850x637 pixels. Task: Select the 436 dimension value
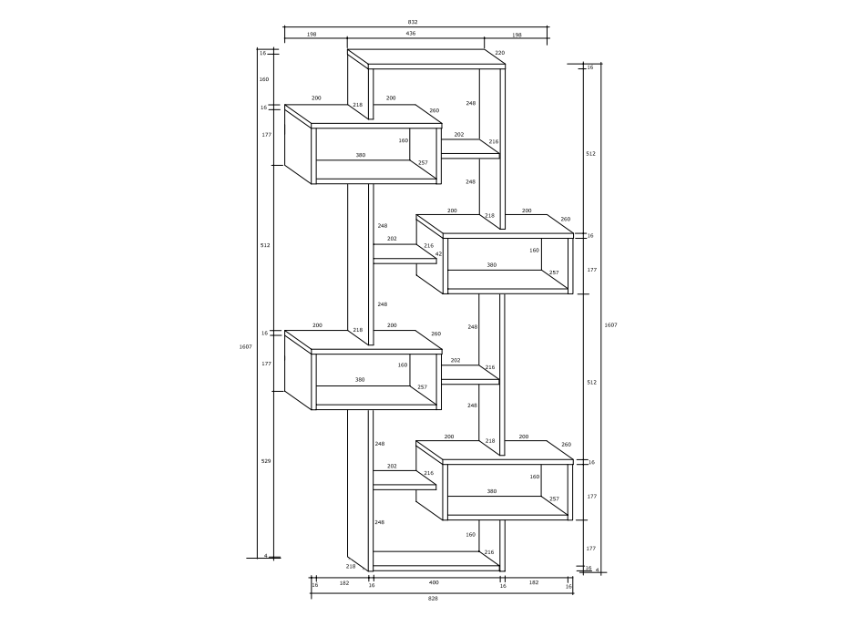pyautogui.click(x=411, y=34)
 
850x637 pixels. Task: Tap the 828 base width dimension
pyautogui.click(x=433, y=599)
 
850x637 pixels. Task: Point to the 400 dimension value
pyautogui.click(x=434, y=581)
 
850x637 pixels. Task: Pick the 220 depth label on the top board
pyautogui.click(x=499, y=53)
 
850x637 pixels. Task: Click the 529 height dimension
pyautogui.click(x=265, y=461)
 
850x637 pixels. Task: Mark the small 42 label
pyautogui.click(x=438, y=254)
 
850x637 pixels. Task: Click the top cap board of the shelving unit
pyautogui.click(x=426, y=60)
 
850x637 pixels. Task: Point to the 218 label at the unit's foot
pyautogui.click(x=351, y=567)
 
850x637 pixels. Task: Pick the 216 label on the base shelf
pyautogui.click(x=488, y=552)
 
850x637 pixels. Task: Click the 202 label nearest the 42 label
pyautogui.click(x=392, y=239)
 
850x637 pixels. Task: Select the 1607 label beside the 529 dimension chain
pyautogui.click(x=245, y=346)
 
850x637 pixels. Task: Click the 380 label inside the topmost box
pyautogui.click(x=361, y=155)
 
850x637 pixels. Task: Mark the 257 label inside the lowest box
pyautogui.click(x=553, y=498)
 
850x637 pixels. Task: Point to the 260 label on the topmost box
pyautogui.click(x=434, y=111)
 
